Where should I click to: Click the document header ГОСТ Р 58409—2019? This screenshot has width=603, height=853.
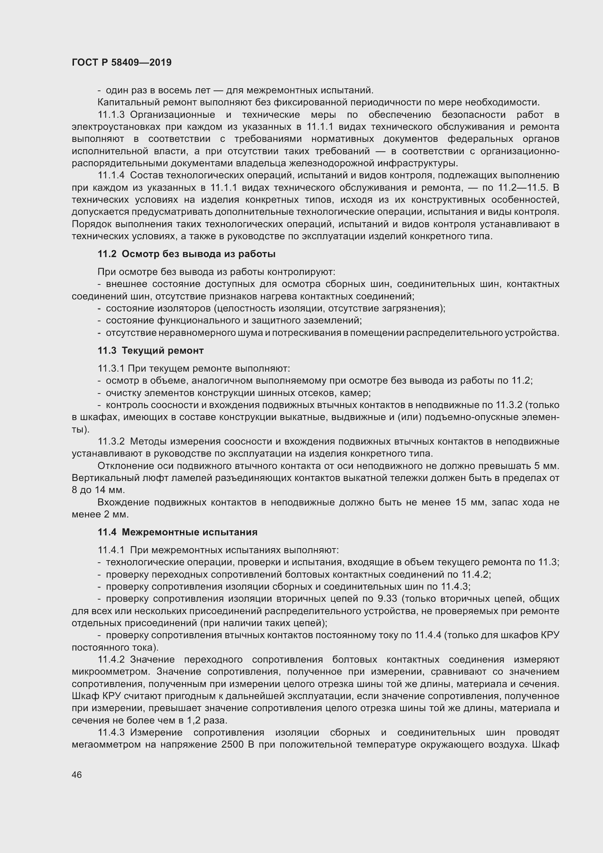coord(121,62)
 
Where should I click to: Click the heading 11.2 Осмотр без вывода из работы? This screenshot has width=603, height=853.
coord(186,254)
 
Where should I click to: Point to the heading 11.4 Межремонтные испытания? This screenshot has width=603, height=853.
coord(178,532)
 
